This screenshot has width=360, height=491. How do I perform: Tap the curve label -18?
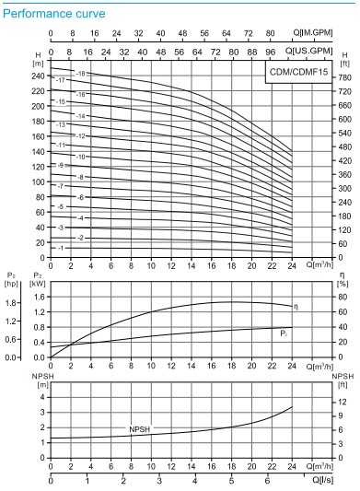coord(80,73)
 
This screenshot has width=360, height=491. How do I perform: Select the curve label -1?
coord(61,248)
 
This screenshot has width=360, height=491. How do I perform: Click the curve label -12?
coord(80,135)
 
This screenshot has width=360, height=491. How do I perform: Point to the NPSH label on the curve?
coord(140,429)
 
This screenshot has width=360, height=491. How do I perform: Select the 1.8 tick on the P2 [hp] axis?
coord(13,302)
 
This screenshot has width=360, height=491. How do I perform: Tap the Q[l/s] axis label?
coord(318,480)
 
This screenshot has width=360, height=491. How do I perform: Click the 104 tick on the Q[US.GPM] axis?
coord(289,53)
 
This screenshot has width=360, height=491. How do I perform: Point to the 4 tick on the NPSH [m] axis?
coord(40,398)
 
